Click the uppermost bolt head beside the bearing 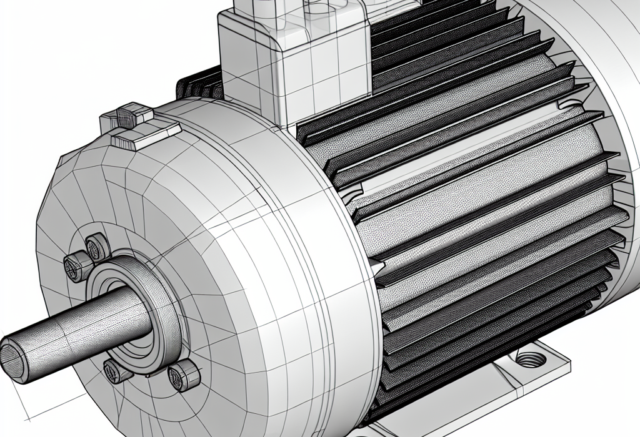click(95, 247)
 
